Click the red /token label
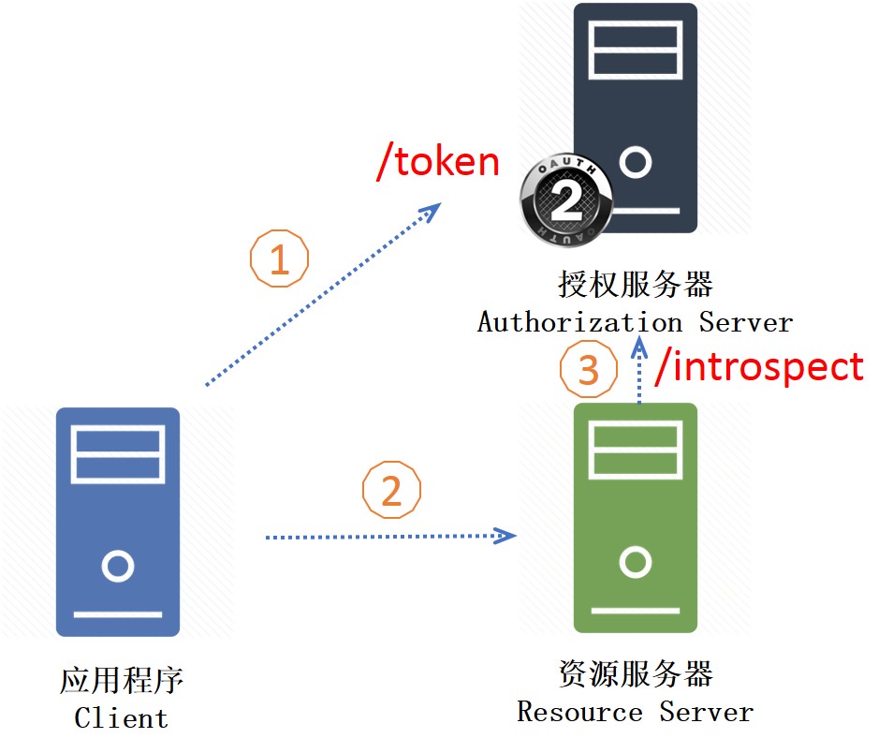(438, 161)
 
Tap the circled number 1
(279, 258)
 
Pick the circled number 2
(392, 490)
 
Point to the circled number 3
(588, 369)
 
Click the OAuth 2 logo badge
(566, 199)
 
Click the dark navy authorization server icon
(635, 118)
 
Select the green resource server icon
(635, 518)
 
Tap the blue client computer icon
(118, 522)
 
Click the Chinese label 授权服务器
(635, 284)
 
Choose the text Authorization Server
(635, 322)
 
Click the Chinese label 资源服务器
(635, 673)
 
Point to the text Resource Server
(635, 712)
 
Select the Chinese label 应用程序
(122, 680)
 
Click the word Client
(122, 717)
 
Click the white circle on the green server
(635, 562)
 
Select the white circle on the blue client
(118, 566)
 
